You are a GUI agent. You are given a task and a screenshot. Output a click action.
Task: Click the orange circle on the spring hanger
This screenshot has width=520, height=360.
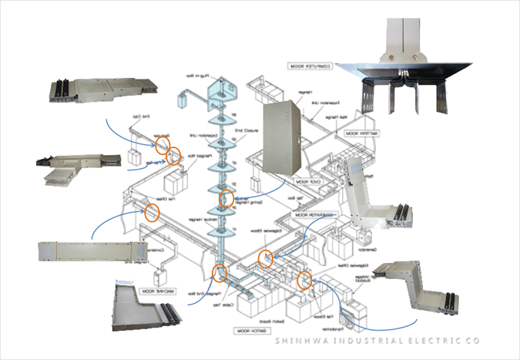[226, 198]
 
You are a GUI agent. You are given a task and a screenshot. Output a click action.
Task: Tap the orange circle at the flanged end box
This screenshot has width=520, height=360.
[220, 272]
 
